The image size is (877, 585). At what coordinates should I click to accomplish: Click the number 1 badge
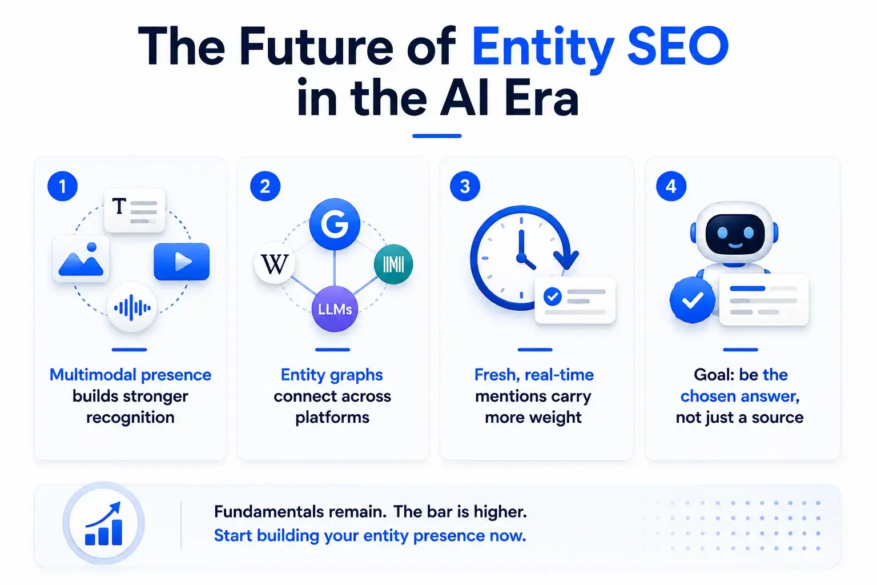click(63, 186)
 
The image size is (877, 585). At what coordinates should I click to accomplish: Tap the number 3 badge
click(465, 186)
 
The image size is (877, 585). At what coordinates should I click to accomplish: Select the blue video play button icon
click(182, 261)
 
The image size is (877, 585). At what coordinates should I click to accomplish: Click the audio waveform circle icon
click(132, 307)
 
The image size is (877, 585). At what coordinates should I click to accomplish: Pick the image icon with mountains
click(81, 259)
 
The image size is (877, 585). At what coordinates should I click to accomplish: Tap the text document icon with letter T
click(135, 210)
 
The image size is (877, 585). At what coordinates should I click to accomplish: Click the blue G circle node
click(335, 224)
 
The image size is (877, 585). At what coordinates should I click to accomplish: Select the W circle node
click(275, 264)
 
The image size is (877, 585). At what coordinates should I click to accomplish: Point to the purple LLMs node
click(335, 309)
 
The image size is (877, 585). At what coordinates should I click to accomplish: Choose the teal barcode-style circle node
click(393, 264)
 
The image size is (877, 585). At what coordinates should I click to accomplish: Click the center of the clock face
click(521, 258)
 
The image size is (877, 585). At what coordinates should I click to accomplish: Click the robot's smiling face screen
click(735, 234)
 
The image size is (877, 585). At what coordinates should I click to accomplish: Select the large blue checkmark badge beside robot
click(693, 300)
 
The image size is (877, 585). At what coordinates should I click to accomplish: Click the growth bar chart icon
click(104, 523)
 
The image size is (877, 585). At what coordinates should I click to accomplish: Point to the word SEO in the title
click(678, 46)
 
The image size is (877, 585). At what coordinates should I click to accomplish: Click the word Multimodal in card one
click(92, 375)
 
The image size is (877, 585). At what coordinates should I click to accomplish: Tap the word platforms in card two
click(332, 418)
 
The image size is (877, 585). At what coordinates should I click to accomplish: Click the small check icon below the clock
click(553, 296)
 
